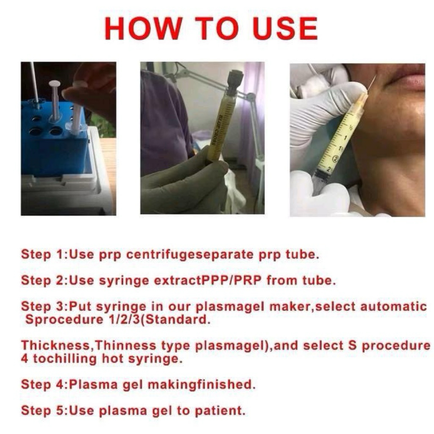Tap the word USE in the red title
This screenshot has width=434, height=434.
pyautogui.click(x=285, y=28)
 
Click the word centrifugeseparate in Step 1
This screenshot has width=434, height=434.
pyautogui.click(x=189, y=255)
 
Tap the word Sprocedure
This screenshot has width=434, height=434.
pyautogui.click(x=64, y=320)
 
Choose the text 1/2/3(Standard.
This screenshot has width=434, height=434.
pyautogui.click(x=157, y=320)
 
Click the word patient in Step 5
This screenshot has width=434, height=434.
pyautogui.click(x=220, y=410)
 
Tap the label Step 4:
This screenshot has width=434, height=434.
pyautogui.click(x=44, y=384)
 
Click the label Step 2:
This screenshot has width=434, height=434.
pyautogui.click(x=44, y=281)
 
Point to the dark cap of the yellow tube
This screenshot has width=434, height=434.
pyautogui.click(x=235, y=80)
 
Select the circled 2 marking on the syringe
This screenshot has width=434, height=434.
pyautogui.click(x=336, y=159)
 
